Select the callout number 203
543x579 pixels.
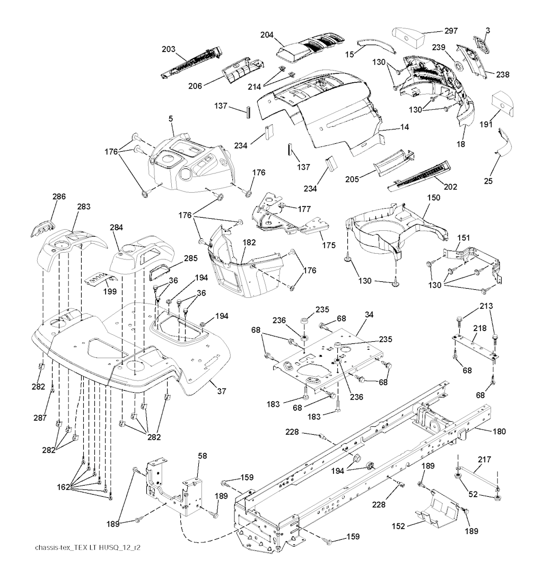168,49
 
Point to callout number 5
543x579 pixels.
171,118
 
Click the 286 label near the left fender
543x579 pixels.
59,196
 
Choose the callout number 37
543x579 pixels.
222,391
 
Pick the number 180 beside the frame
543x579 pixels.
500,431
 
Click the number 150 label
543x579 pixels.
433,197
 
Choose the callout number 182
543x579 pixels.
249,242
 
